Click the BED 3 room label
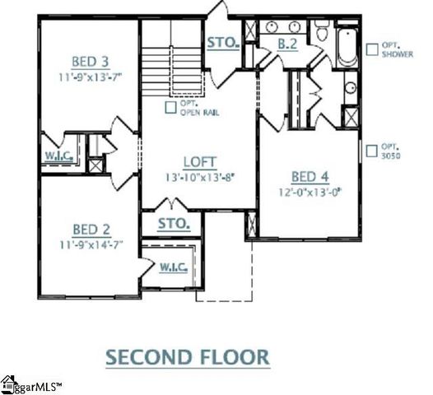91,60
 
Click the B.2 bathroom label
286,44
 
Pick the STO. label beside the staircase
222,40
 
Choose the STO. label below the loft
174,223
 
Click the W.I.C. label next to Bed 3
60,155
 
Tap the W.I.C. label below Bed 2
173,267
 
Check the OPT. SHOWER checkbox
371,46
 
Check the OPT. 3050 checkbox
371,151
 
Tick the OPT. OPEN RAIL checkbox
170,105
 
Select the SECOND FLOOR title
189,356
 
